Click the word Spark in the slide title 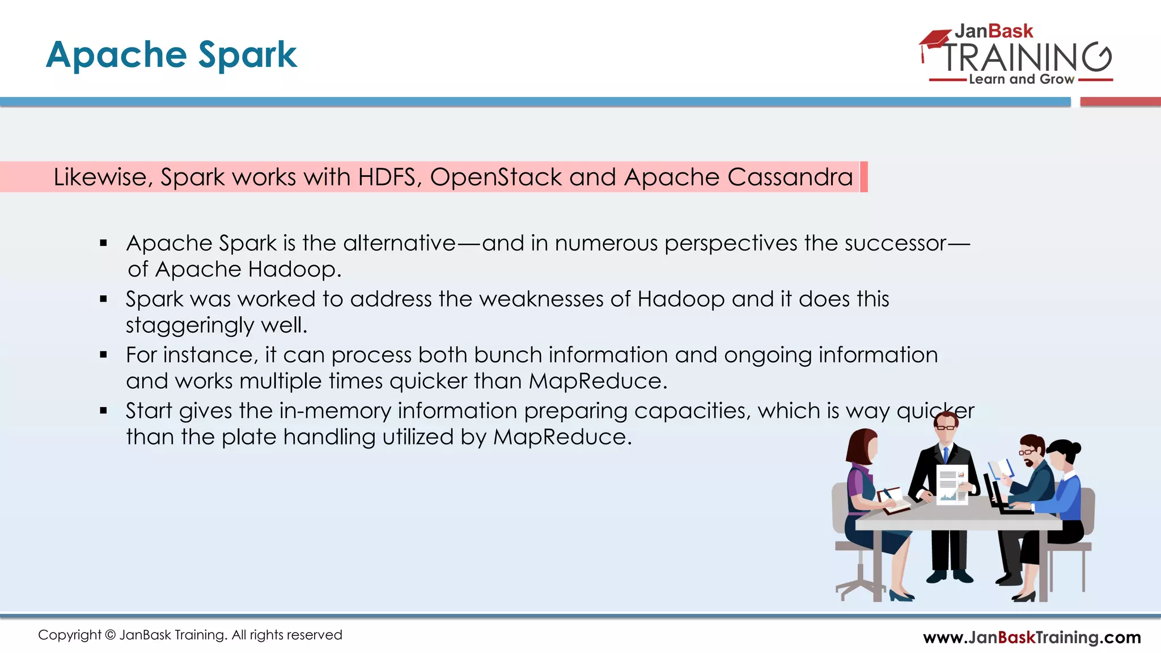[247, 55]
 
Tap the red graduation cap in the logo [934, 40]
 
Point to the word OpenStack [496, 177]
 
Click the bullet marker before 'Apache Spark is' [103, 243]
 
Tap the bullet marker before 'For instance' [103, 355]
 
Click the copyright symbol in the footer [110, 635]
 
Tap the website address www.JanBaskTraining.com [1032, 637]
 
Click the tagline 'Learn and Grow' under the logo [1021, 79]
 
